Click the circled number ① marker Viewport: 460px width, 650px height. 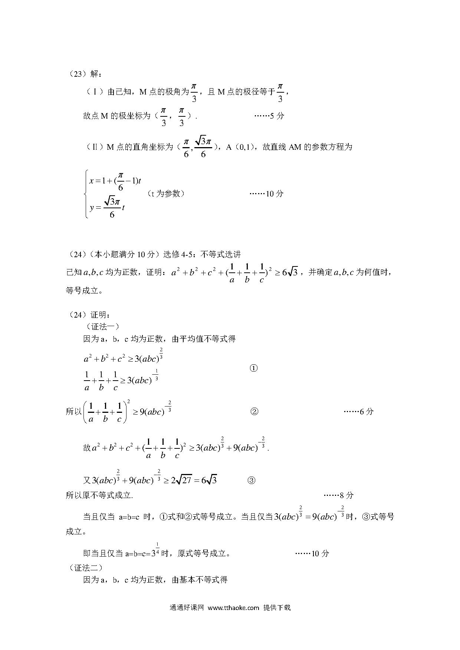click(x=254, y=368)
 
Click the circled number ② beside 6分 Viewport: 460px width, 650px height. click(x=254, y=411)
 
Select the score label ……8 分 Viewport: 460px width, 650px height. click(x=339, y=495)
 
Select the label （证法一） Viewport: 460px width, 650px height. click(x=102, y=326)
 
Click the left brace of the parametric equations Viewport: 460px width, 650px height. click(x=86, y=193)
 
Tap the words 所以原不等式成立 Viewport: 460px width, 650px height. click(x=99, y=495)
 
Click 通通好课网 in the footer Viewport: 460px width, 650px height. click(x=187, y=607)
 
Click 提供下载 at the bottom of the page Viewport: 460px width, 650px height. click(x=277, y=607)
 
